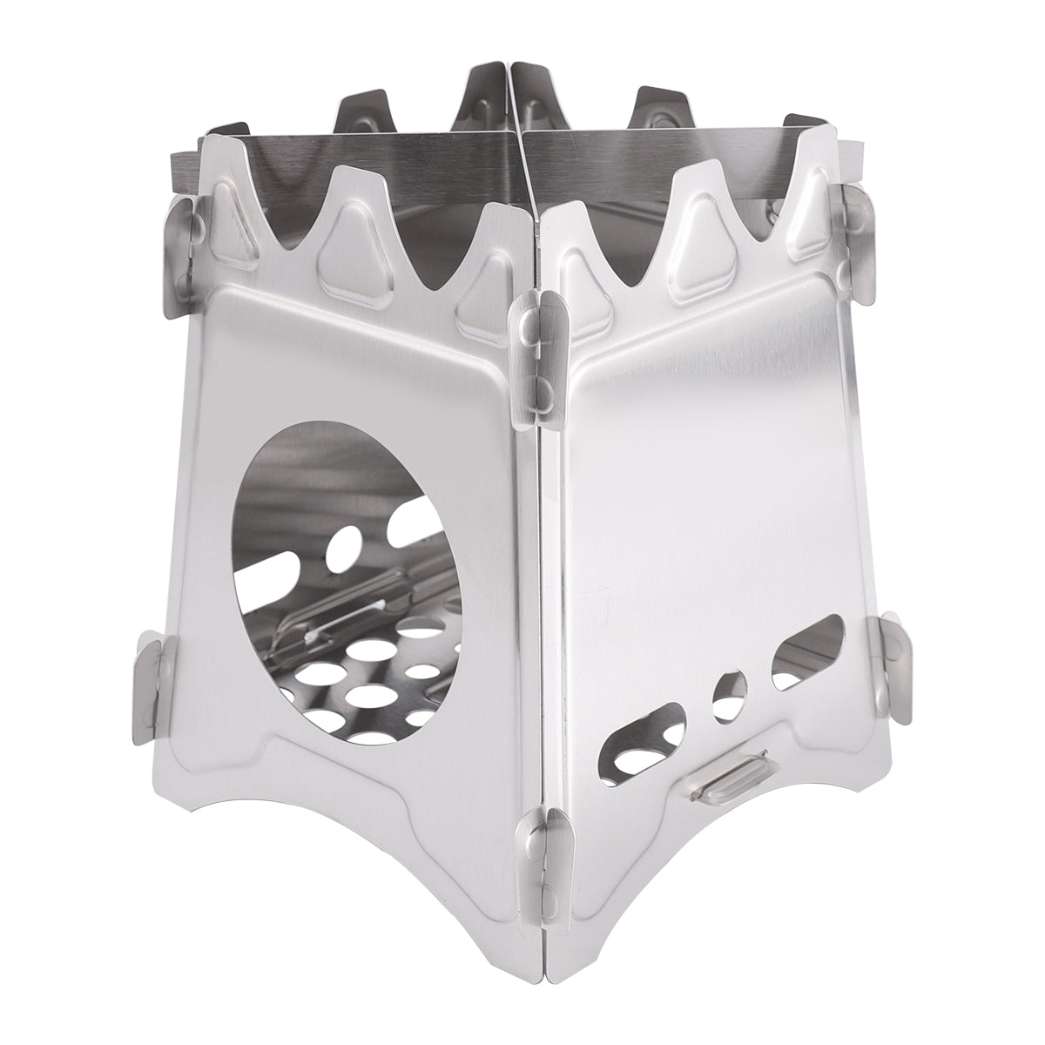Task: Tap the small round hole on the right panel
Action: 729,697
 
